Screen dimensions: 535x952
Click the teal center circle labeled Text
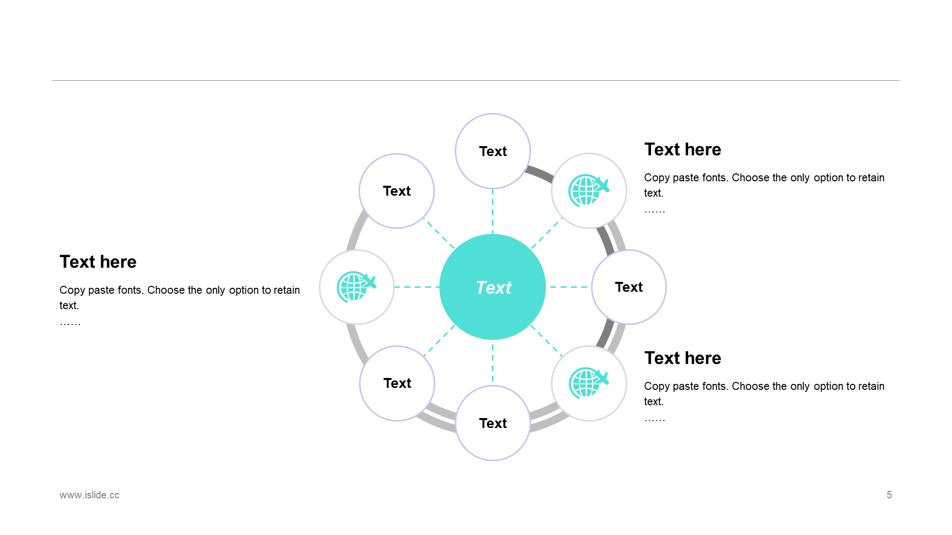click(x=492, y=287)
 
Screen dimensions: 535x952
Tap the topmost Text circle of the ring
click(x=493, y=151)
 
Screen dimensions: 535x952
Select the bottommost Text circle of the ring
click(x=493, y=423)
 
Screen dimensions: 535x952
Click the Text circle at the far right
click(x=629, y=287)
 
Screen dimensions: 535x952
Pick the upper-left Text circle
click(x=397, y=191)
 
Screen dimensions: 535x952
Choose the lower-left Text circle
click(x=397, y=383)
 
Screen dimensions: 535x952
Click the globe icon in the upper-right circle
click(x=588, y=190)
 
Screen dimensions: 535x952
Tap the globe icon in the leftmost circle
click(x=356, y=287)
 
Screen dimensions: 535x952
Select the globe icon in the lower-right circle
click(x=588, y=383)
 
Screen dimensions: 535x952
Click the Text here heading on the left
click(x=98, y=262)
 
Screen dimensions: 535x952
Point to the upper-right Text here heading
click(x=682, y=149)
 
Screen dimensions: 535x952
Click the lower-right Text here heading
click(x=682, y=358)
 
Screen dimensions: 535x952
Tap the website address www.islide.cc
click(x=89, y=495)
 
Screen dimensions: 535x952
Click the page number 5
click(x=889, y=495)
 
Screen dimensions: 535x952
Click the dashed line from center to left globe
click(x=416, y=287)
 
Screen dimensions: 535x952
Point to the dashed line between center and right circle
click(x=569, y=287)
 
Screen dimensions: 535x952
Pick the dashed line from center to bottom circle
click(x=492, y=363)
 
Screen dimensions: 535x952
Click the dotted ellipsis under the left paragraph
click(x=70, y=323)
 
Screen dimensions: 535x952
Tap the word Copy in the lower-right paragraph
click(x=656, y=386)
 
